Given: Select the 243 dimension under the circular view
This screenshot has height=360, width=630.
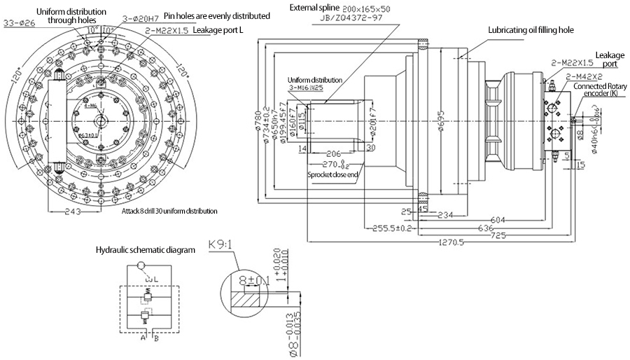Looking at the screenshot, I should [x=74, y=210].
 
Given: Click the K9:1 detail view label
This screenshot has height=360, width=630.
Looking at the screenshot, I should [x=221, y=247].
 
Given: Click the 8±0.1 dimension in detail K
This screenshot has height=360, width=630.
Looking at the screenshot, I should [x=253, y=281].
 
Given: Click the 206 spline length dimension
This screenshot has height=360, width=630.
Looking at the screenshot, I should [x=332, y=152].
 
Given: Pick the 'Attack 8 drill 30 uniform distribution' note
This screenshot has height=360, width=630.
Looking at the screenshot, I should [x=169, y=211].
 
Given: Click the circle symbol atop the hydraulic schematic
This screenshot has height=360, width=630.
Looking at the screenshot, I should [x=142, y=265].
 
